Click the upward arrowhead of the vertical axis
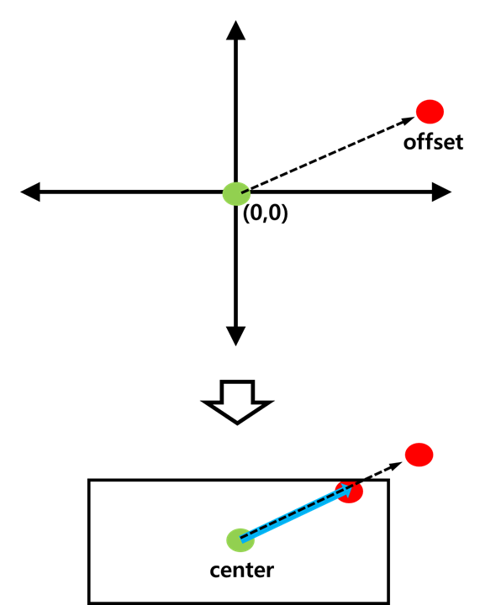point(235,30)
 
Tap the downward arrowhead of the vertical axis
point(235,336)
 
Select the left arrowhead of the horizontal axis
point(30,192)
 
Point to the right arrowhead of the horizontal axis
point(441,192)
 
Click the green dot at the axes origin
point(236,194)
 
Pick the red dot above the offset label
point(430,112)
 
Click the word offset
point(433,142)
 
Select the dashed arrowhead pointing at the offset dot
point(408,120)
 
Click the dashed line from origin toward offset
point(328,155)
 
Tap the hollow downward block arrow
point(237,402)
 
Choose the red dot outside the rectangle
point(419,455)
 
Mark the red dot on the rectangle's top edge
point(350,492)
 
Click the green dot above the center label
point(240,540)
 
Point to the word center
point(242,571)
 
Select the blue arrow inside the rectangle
point(297,513)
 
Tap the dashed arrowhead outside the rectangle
point(395,466)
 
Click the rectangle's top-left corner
point(89,481)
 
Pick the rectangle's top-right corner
point(388,481)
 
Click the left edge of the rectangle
point(89,542)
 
